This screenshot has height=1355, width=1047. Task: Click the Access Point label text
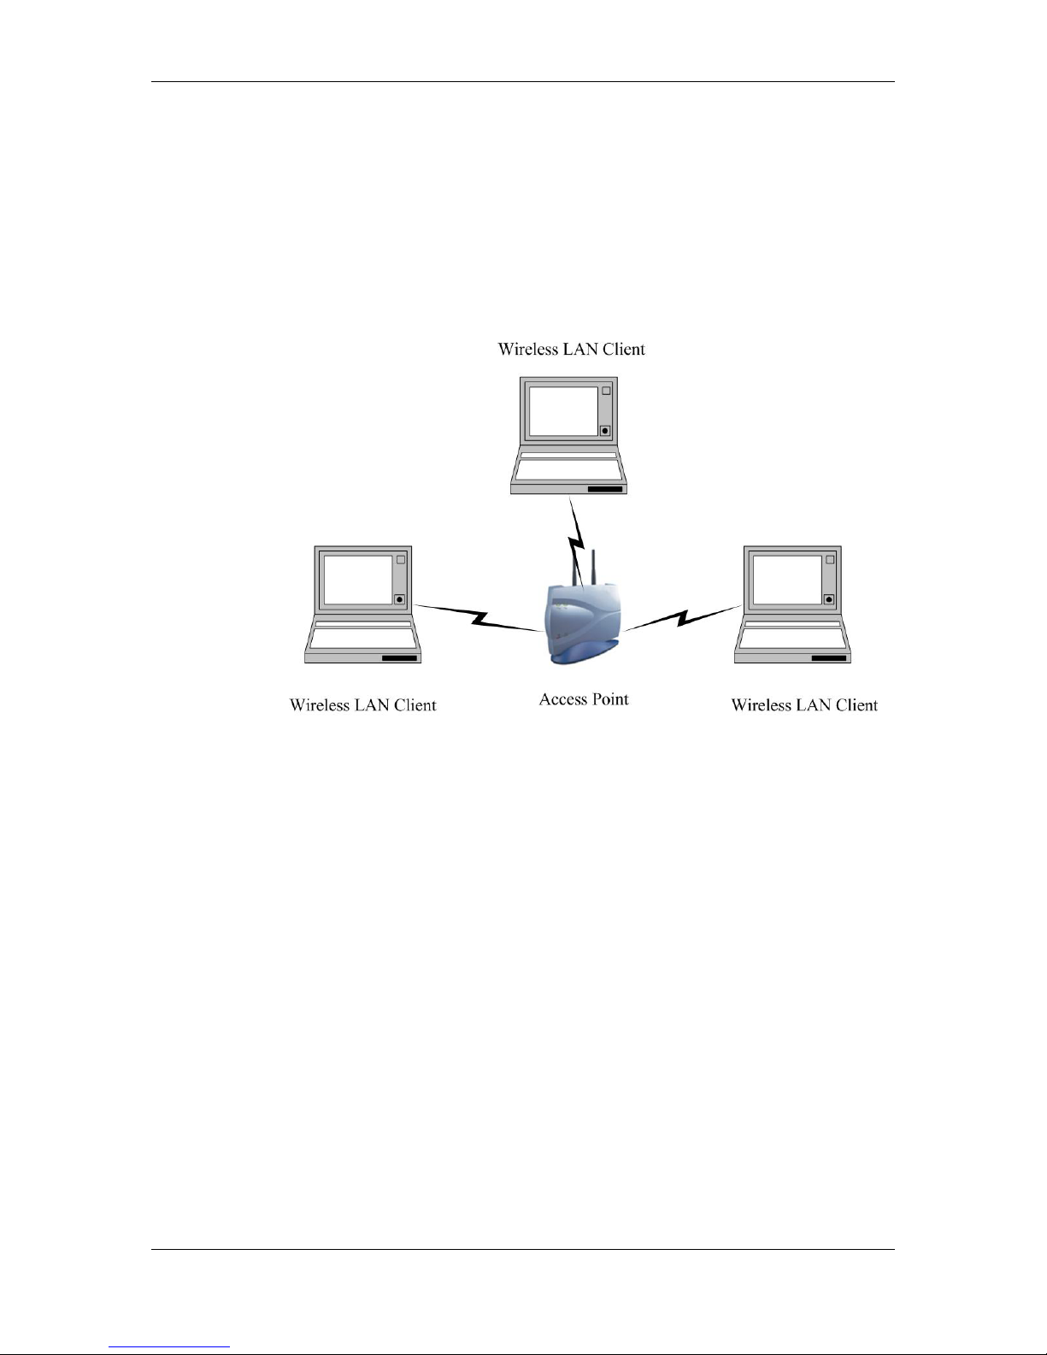(x=583, y=699)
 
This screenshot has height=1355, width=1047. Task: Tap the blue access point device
(x=584, y=623)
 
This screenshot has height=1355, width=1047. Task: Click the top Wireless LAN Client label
(x=571, y=349)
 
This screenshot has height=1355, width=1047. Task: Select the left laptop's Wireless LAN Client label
(x=362, y=705)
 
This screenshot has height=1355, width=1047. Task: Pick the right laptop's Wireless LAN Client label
(x=804, y=705)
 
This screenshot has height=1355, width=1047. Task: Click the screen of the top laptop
(x=563, y=411)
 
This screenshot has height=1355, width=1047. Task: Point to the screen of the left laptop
(x=358, y=580)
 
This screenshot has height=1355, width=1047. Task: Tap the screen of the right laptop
(x=787, y=580)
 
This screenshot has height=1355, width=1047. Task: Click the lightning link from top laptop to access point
(x=577, y=540)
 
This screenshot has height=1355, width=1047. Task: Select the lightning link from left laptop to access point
(x=479, y=618)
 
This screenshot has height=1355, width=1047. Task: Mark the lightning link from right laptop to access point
(x=683, y=618)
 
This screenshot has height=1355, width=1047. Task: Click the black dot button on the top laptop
(x=604, y=431)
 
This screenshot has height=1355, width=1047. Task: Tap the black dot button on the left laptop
(x=399, y=600)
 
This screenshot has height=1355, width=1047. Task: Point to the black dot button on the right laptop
(x=829, y=600)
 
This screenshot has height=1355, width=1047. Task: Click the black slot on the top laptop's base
(x=605, y=490)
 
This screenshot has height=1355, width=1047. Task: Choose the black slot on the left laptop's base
(x=399, y=658)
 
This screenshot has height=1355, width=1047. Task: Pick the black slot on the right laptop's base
(x=829, y=658)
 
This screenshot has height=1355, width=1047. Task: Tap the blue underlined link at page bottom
(x=169, y=1347)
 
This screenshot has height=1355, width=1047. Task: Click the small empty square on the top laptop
(x=606, y=391)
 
